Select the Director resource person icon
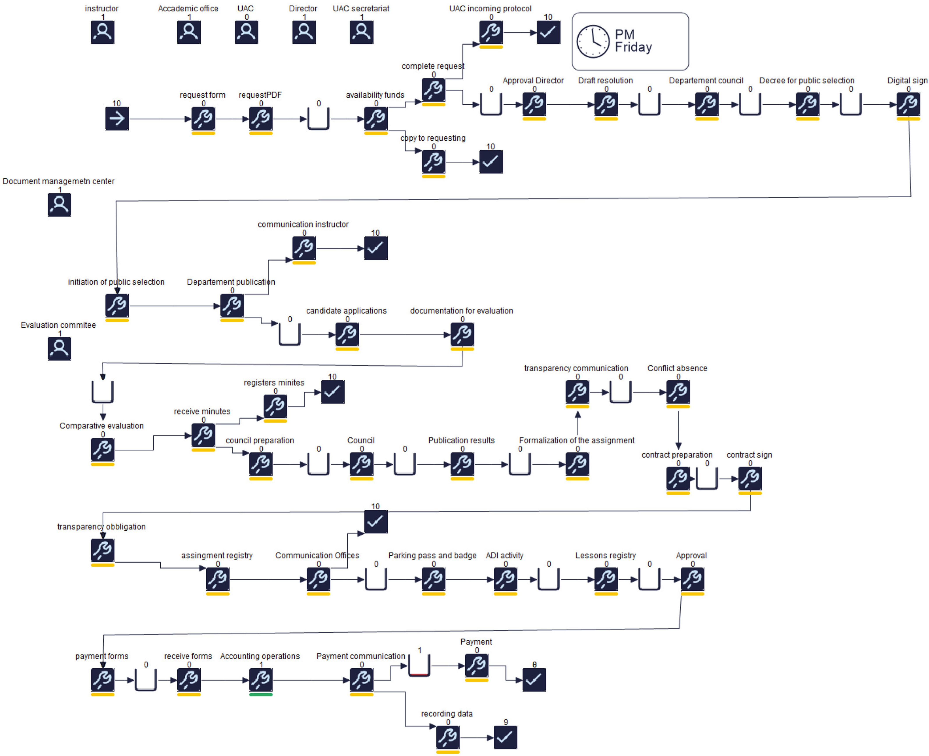[304, 32]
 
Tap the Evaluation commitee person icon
[59, 348]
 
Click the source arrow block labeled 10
[117, 118]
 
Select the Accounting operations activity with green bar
[260, 679]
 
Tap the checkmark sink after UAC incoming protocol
[548, 32]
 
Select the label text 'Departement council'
[706, 81]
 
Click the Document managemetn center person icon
[59, 205]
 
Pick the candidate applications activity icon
[347, 334]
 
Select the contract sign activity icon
[750, 478]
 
